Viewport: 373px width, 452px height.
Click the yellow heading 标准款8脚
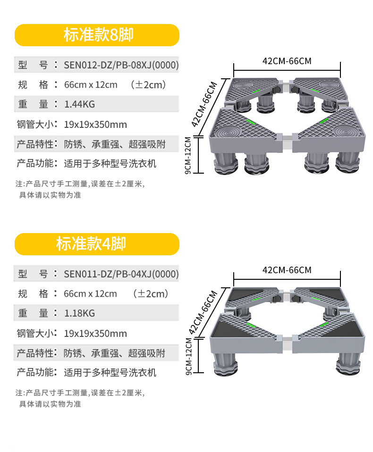[x=98, y=35]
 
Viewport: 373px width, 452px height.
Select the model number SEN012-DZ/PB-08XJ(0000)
[x=121, y=65]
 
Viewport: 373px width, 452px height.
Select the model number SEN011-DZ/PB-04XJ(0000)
[x=121, y=274]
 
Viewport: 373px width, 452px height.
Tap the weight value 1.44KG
[x=79, y=104]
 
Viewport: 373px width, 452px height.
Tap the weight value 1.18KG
[x=79, y=313]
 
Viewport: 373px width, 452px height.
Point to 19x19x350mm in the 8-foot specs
[x=95, y=125]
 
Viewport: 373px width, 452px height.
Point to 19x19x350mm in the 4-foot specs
[x=95, y=334]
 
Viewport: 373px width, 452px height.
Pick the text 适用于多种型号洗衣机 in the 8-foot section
[x=110, y=164]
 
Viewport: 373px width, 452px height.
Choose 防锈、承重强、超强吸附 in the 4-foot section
[x=115, y=353]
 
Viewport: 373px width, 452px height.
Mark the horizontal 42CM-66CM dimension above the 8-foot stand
[x=287, y=61]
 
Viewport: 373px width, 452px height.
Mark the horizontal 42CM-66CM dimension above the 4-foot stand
[x=287, y=270]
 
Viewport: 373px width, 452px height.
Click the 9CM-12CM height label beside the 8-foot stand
[x=189, y=155]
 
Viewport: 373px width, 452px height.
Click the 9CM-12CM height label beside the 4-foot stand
[x=189, y=357]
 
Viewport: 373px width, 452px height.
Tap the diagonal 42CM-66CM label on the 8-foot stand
[x=204, y=104]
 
